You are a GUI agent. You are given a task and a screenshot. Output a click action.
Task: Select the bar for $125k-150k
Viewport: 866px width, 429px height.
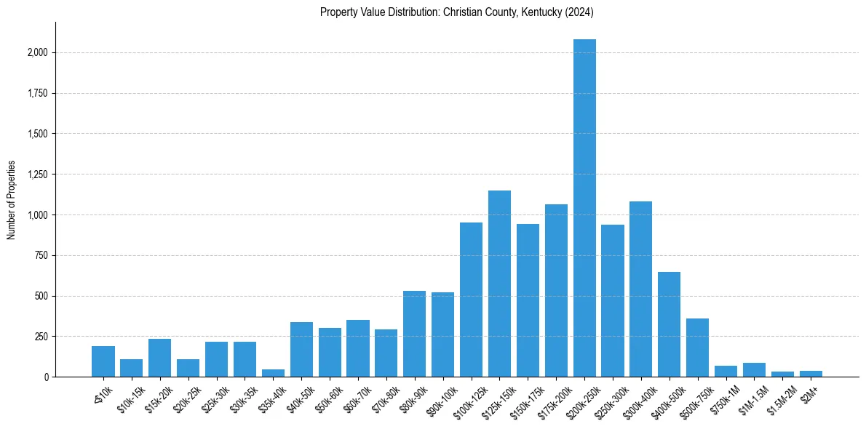[x=499, y=284]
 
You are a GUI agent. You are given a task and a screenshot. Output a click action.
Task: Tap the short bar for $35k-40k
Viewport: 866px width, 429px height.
[x=273, y=373]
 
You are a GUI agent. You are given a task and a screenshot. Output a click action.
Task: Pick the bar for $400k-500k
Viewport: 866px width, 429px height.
[x=669, y=324]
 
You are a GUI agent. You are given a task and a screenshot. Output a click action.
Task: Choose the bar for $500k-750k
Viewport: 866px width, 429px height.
[x=697, y=348]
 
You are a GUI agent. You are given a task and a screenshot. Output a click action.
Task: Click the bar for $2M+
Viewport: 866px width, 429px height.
[x=811, y=374]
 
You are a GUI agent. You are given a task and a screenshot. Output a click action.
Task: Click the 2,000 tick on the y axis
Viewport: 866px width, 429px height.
[x=38, y=53]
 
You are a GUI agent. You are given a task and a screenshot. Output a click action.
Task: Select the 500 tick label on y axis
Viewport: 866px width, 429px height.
[x=42, y=297]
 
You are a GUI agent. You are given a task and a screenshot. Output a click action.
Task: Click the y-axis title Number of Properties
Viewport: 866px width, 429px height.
[x=12, y=199]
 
